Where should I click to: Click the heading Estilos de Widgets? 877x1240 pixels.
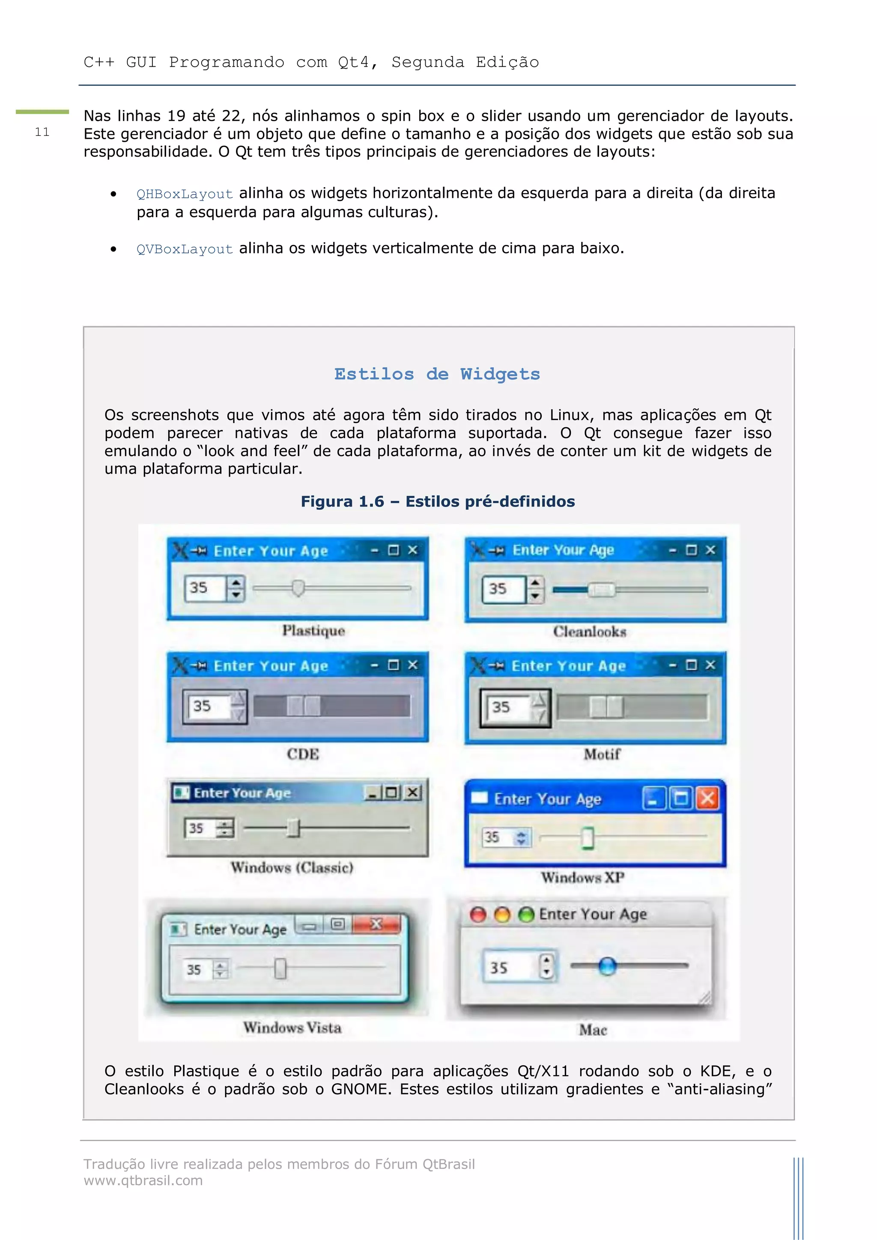[x=437, y=374]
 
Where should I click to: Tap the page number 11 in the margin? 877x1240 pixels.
[x=42, y=132]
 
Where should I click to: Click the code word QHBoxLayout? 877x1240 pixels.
[x=184, y=194]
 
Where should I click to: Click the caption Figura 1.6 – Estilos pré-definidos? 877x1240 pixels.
[x=437, y=501]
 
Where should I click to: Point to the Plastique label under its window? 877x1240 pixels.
[x=313, y=630]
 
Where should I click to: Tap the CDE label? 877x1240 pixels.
[x=302, y=754]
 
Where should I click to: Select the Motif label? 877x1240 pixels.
[x=602, y=754]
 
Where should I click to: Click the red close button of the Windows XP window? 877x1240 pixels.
[x=707, y=798]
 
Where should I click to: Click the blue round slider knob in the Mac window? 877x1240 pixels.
[x=607, y=966]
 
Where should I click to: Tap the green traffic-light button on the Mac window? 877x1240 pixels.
[x=525, y=914]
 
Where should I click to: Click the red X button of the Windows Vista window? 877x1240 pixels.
[x=376, y=924]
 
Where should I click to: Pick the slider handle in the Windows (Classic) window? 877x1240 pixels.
[x=293, y=827]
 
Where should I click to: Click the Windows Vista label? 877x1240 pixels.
[x=292, y=1027]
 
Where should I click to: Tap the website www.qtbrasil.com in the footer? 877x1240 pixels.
[x=143, y=1180]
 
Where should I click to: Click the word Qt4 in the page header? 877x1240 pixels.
[x=354, y=63]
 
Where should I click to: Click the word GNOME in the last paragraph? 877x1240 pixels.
[x=361, y=1089]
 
